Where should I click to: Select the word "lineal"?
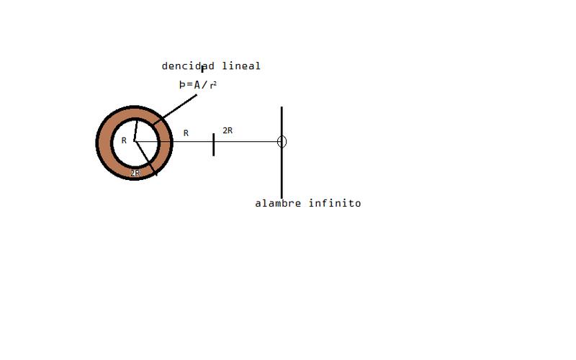coord(241,66)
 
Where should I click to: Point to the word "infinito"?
coord(335,204)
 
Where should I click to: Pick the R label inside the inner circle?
coord(124,140)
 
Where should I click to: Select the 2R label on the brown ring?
coord(135,173)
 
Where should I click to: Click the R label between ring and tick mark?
coord(186,133)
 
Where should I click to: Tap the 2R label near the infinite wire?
coord(228,130)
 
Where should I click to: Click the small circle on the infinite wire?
coord(282,141)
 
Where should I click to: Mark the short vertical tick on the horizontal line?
coord(213,144)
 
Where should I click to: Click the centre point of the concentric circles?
coord(134,142)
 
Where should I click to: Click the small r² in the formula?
coord(213,84)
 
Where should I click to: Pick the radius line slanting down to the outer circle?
coord(145,159)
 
